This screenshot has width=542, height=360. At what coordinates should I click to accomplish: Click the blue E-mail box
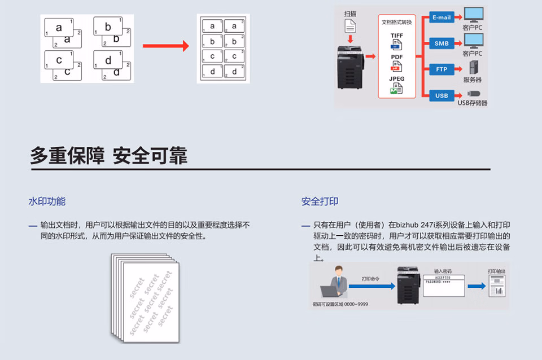442,17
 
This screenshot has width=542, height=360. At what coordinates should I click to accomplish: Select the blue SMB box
442,43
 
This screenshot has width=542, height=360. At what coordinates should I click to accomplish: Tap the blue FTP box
442,69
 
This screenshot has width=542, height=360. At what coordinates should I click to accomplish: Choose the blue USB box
442,95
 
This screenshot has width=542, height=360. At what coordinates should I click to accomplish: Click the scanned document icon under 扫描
351,25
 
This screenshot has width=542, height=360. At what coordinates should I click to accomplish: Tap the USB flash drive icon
473,94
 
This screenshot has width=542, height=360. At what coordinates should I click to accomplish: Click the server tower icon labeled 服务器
473,68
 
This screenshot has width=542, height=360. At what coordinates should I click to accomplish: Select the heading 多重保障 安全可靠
108,156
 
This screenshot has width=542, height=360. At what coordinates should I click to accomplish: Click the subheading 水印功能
47,201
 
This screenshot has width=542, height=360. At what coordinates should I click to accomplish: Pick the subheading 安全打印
320,201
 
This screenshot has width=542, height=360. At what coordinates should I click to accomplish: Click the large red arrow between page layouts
165,46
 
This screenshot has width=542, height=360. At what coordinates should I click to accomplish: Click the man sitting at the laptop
337,282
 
